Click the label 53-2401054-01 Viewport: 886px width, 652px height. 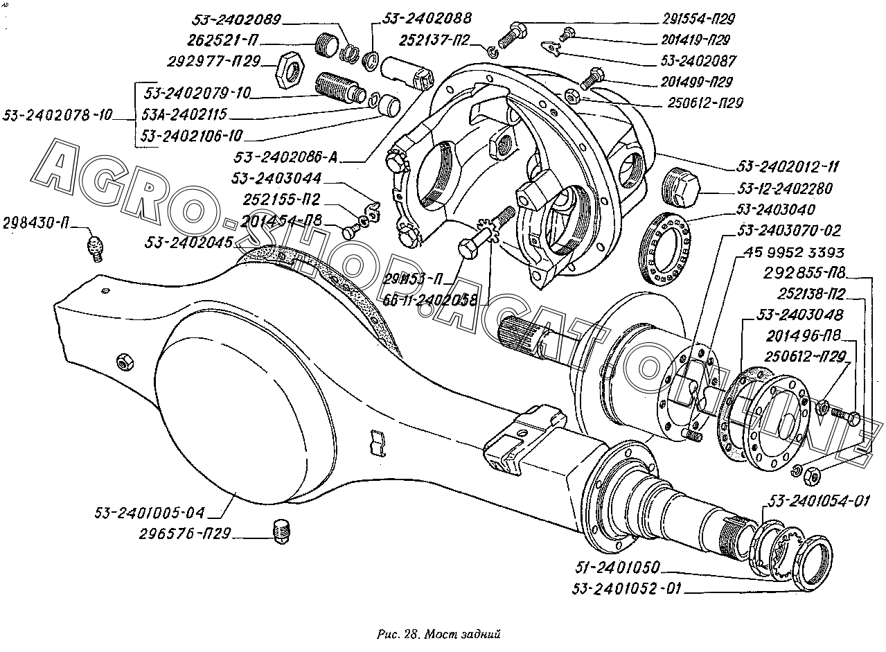click(x=818, y=501)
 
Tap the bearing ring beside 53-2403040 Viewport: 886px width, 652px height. click(x=666, y=249)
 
